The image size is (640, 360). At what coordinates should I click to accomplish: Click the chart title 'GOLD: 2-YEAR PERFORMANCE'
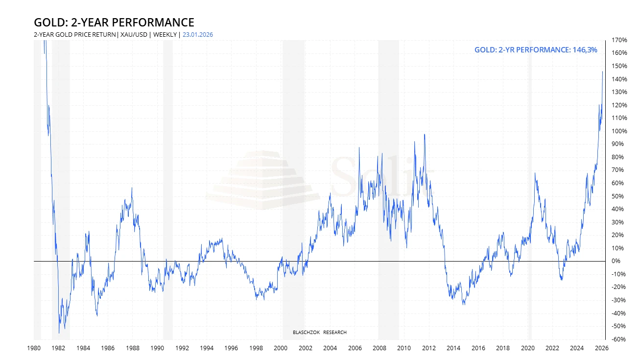[114, 23]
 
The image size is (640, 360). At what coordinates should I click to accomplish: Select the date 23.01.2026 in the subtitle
[197, 34]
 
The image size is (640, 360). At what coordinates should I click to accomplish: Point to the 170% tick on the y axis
[619, 40]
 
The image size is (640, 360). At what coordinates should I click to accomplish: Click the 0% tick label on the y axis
[616, 261]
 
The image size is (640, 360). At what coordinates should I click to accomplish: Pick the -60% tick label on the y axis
[618, 339]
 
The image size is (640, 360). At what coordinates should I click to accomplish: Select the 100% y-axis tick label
[619, 131]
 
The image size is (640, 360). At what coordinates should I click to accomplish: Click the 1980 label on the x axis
[33, 348]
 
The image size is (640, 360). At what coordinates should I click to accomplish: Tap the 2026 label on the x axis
[601, 348]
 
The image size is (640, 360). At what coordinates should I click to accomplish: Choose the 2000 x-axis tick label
[281, 348]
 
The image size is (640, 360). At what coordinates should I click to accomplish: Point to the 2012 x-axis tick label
[429, 348]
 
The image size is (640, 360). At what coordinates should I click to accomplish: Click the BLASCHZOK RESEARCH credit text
[319, 333]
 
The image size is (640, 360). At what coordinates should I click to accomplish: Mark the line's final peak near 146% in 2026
[602, 72]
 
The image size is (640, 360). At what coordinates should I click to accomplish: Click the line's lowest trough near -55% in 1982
[59, 333]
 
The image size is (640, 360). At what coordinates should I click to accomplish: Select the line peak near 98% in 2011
[424, 134]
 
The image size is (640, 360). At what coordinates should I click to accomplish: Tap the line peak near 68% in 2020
[535, 173]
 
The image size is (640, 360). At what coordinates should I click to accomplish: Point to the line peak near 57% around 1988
[132, 188]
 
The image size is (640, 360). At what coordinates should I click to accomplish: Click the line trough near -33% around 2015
[464, 305]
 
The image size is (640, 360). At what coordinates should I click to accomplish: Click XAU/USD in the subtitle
[134, 34]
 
